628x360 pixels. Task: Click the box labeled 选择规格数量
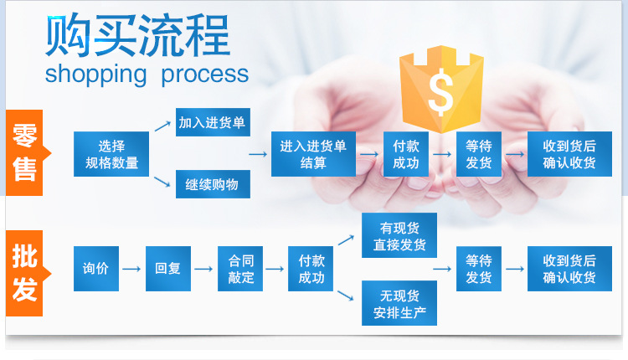pyautogui.click(x=111, y=154)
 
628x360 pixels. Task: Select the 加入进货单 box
pyautogui.click(x=212, y=123)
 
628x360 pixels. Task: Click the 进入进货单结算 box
pyautogui.click(x=312, y=154)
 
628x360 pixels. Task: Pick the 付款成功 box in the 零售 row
pyautogui.click(x=406, y=154)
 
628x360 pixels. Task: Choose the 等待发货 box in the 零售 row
pyautogui.click(x=479, y=154)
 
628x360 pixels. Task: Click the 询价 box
pyautogui.click(x=96, y=269)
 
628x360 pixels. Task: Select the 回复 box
pyautogui.click(x=168, y=269)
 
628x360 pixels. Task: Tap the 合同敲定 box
pyautogui.click(x=240, y=269)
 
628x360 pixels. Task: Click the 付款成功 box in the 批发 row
pyautogui.click(x=311, y=269)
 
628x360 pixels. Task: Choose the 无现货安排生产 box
pyautogui.click(x=399, y=304)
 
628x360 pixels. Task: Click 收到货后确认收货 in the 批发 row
pyautogui.click(x=569, y=269)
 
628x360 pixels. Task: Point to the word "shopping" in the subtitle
pyautogui.click(x=95, y=74)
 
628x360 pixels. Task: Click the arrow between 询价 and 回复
pyautogui.click(x=132, y=269)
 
